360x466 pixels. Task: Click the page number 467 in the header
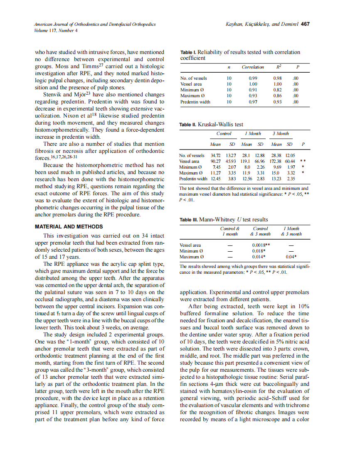pos(305,24)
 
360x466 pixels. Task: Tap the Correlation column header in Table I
pos(253,67)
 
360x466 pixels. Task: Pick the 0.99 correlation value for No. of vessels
pos(253,78)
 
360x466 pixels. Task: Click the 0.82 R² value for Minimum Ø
pos(278,90)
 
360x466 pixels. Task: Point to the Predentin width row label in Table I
pos(195,102)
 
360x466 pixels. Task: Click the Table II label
pos(188,125)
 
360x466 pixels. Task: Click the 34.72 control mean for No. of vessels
pos(215,155)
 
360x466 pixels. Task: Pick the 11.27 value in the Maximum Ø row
pos(215,173)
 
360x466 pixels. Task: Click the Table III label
pos(188,220)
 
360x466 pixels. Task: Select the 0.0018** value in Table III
pos(261,245)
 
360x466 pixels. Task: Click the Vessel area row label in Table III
pos(190,245)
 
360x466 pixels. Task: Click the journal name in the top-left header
pos(95,25)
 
